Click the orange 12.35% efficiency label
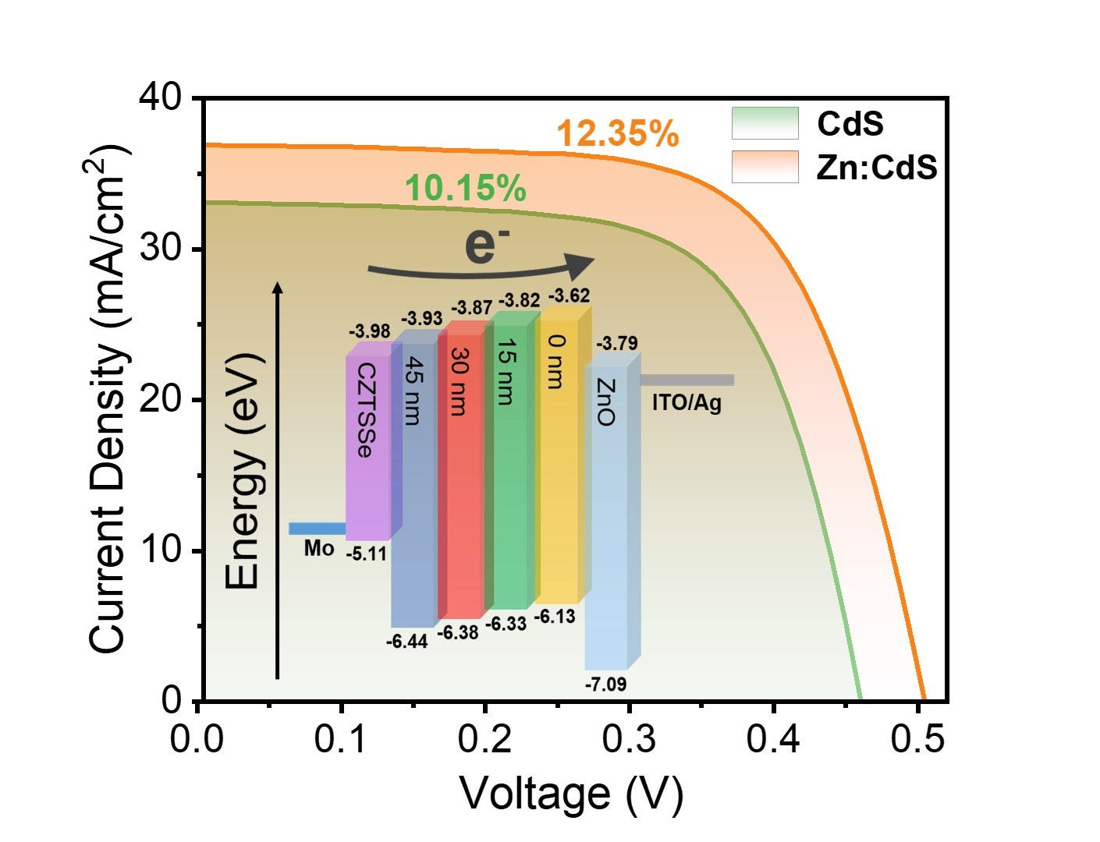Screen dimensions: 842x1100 (x=617, y=134)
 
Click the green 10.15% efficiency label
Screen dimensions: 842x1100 (x=465, y=189)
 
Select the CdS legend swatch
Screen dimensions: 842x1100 (x=765, y=123)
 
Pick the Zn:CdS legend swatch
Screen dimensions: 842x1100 (x=765, y=167)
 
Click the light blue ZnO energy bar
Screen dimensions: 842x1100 (x=607, y=515)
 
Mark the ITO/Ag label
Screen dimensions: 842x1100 (x=687, y=403)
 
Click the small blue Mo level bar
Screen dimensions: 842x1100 (x=317, y=529)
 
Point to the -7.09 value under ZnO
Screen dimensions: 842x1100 (x=605, y=685)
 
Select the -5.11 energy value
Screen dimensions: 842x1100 (x=367, y=554)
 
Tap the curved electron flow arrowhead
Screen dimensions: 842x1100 (x=580, y=266)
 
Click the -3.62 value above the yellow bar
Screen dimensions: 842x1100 (x=569, y=295)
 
